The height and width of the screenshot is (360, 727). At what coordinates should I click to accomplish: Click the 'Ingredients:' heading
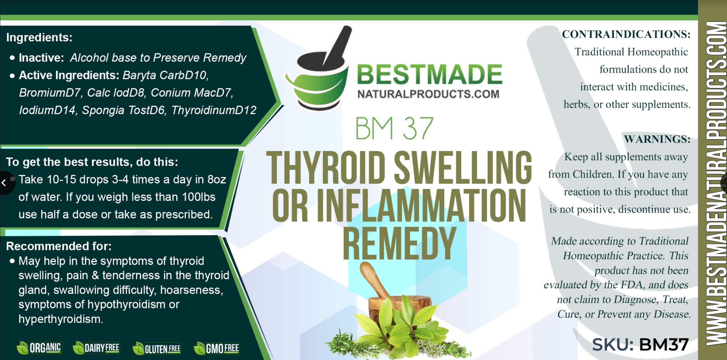pos(39,37)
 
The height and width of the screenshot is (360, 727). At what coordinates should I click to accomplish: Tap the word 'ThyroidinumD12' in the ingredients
pos(214,110)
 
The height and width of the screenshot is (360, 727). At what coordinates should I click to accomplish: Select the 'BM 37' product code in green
pos(394,128)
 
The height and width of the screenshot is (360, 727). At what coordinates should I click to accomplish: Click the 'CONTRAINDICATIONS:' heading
pos(626,34)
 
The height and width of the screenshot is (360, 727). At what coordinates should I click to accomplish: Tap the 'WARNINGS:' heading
pos(657,139)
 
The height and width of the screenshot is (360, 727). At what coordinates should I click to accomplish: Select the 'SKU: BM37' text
pos(640,344)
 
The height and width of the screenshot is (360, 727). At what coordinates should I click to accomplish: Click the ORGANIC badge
pos(39,348)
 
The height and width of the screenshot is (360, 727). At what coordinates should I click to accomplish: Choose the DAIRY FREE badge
pos(96,348)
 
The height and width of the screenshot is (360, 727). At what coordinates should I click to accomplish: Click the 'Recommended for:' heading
pos(59,246)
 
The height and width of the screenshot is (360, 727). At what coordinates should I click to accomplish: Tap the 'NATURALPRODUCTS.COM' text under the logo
pos(428,94)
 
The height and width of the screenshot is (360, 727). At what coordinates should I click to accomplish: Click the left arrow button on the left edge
pos(4,183)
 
